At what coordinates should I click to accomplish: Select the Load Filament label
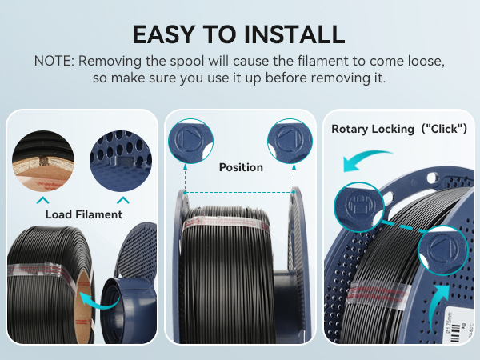point(84,214)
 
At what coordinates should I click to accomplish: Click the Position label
point(240,167)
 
